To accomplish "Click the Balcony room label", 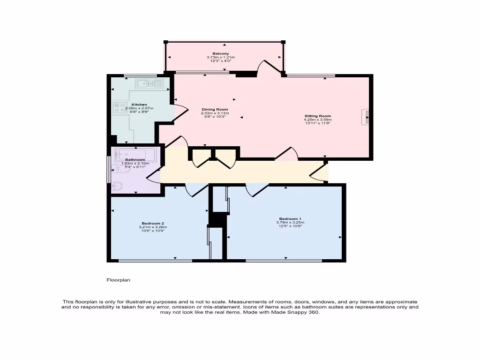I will (220, 54).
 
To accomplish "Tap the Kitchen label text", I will (139, 105).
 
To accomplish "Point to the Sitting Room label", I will (317, 116).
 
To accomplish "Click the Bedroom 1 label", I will (290, 219).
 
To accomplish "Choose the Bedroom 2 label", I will (153, 223).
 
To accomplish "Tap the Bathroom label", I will (135, 160).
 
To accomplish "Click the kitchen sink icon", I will (149, 83).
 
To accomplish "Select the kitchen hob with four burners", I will (120, 108).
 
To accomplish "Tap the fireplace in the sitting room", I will (365, 117).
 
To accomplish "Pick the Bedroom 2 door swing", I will (196, 189).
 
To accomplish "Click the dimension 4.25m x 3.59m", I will (317, 120).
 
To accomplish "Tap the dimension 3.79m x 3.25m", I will (290, 223).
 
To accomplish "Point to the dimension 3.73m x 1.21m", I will (220, 58).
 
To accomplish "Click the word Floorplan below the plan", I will (118, 280).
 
